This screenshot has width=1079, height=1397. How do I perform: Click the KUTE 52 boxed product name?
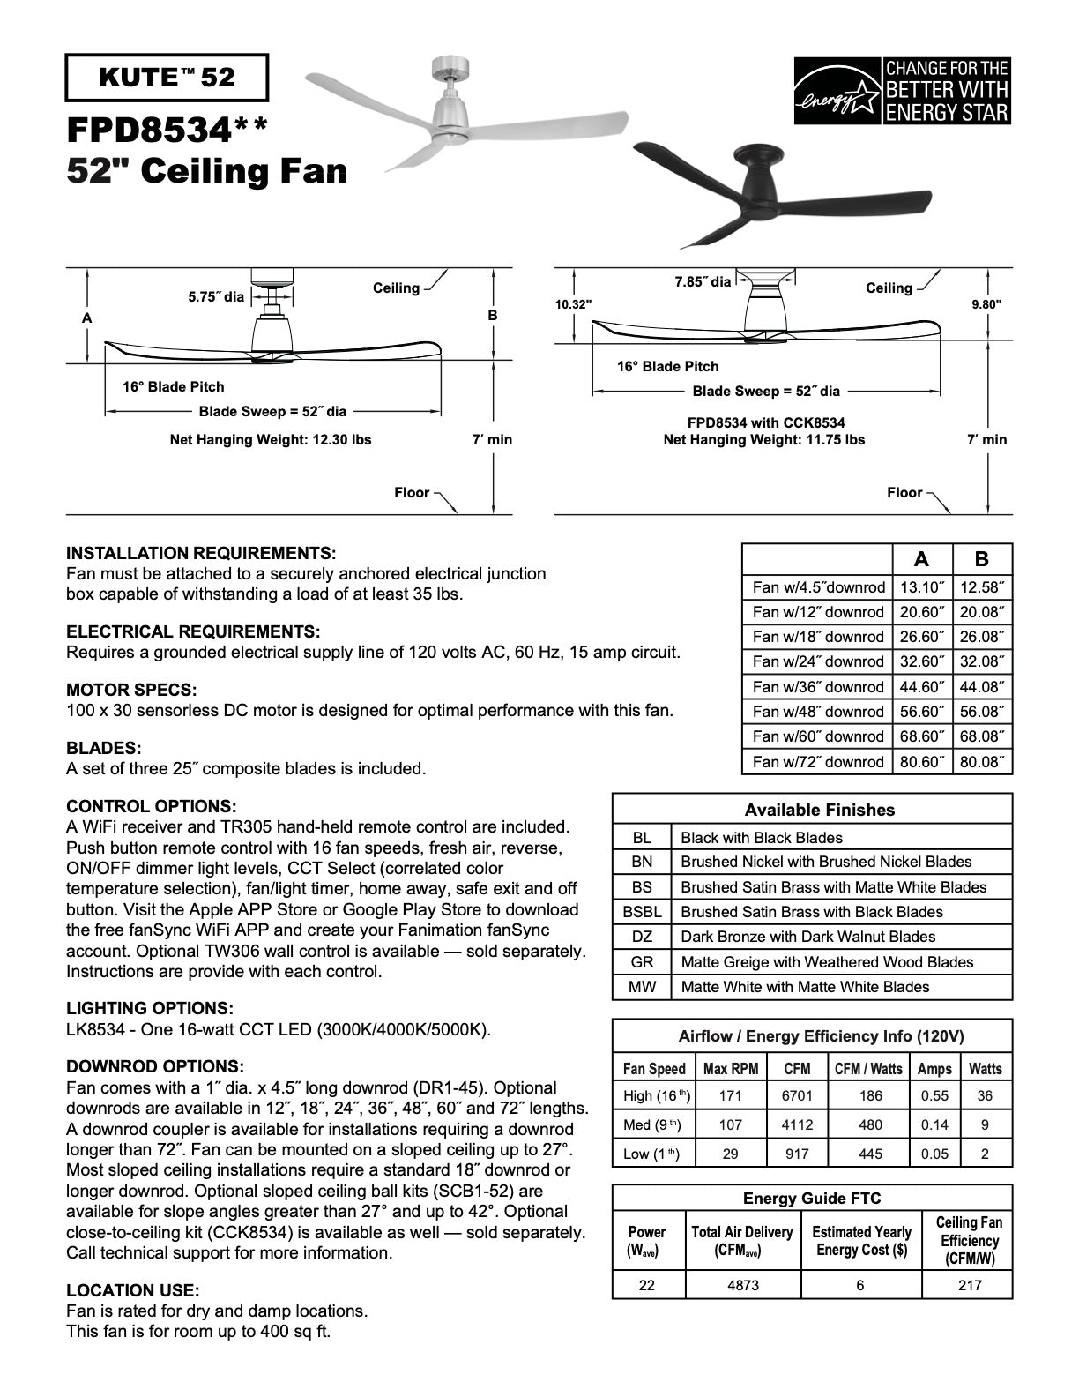tap(167, 78)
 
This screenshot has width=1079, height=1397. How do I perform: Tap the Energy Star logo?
tap(902, 91)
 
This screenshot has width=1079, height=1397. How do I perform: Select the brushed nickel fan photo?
tap(465, 113)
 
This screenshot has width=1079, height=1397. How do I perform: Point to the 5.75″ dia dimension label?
tap(216, 297)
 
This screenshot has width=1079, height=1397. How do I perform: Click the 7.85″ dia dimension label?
tap(703, 282)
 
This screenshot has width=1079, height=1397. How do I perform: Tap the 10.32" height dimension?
tap(573, 304)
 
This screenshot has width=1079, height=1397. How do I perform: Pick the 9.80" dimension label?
tap(986, 304)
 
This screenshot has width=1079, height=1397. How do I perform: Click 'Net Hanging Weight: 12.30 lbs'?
tap(271, 439)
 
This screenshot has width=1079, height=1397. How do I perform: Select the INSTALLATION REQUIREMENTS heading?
tap(201, 553)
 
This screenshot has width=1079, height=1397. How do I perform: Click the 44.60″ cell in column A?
tap(921, 686)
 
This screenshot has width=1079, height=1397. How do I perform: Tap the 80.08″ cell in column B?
tap(982, 761)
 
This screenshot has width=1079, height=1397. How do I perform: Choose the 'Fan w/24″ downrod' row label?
tap(818, 661)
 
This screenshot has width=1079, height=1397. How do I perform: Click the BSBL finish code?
tap(642, 912)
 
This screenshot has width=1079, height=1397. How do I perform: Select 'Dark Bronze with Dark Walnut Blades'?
tap(807, 937)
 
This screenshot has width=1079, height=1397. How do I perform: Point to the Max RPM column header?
tap(731, 1069)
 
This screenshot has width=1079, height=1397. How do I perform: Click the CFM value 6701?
tap(797, 1096)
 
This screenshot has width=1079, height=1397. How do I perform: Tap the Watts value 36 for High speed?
tap(985, 1096)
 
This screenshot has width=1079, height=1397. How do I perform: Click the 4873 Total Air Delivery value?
tap(743, 1285)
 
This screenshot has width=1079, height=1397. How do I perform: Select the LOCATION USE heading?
tap(133, 1290)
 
